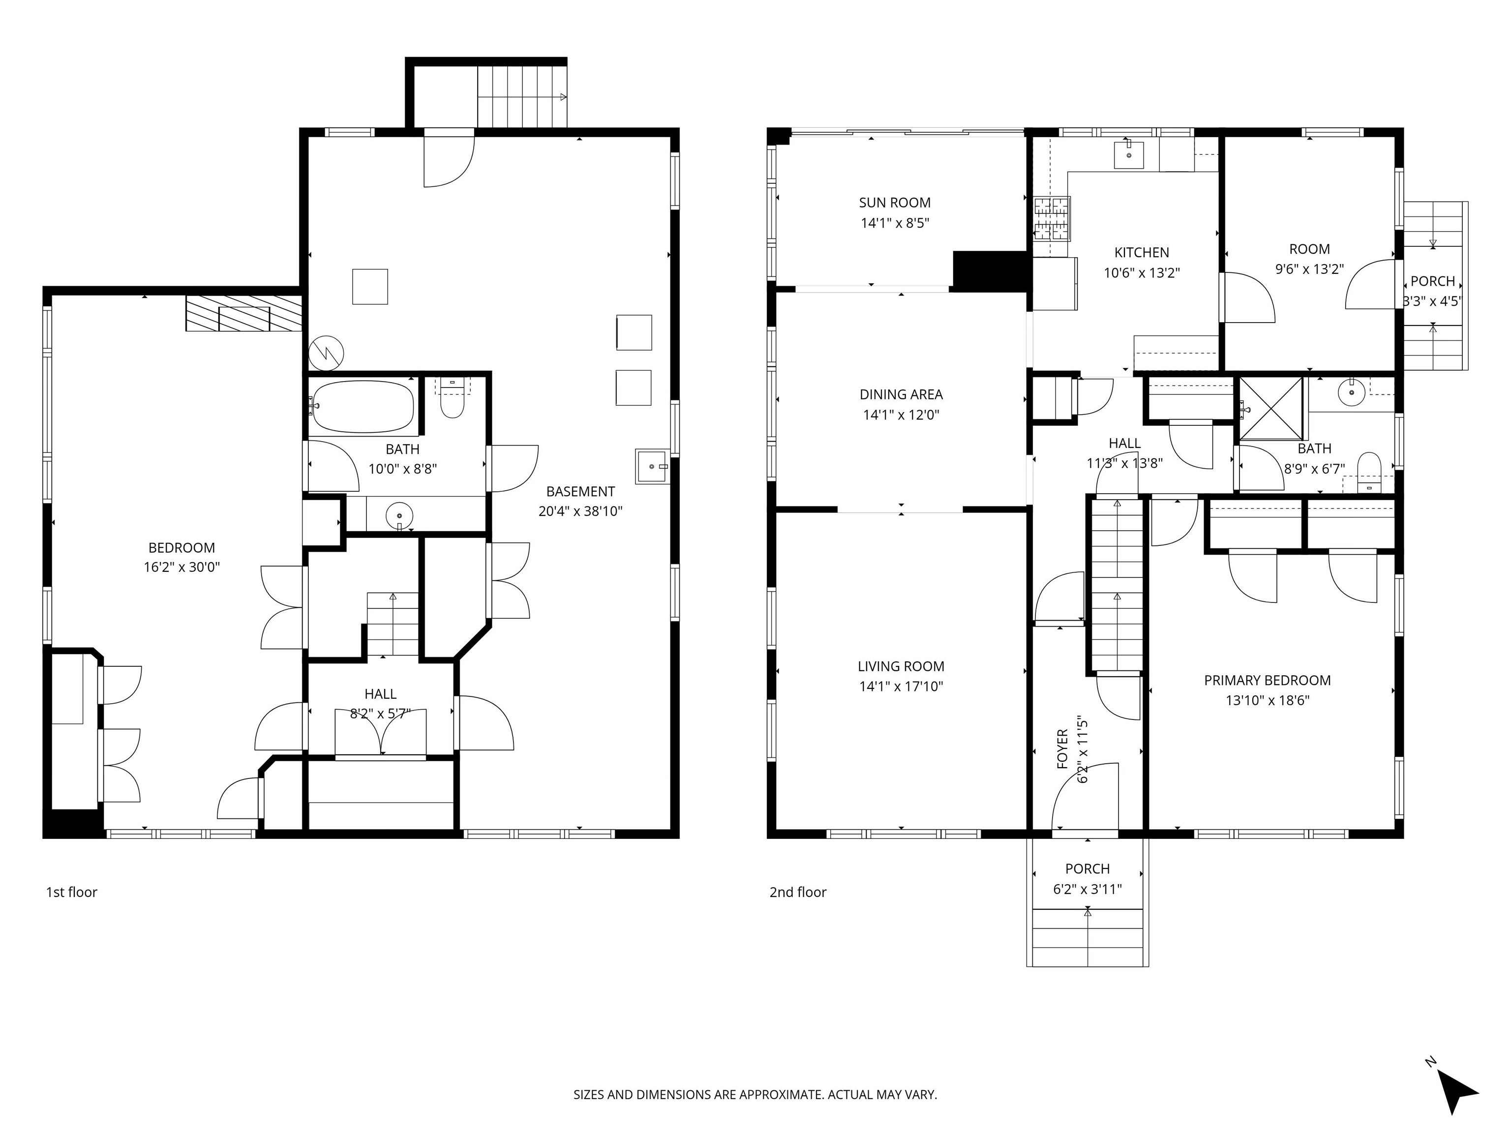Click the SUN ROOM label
[x=894, y=203]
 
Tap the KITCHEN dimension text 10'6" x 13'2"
[x=1142, y=272]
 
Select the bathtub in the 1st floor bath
[x=362, y=408]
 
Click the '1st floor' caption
[x=72, y=892]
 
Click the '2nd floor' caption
[x=797, y=892]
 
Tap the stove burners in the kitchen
[x=1051, y=218]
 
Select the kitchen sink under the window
[x=1128, y=155]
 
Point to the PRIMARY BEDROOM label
[x=1267, y=680]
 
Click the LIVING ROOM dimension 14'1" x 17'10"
[x=901, y=686]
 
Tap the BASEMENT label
[x=580, y=492]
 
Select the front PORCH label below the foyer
[x=1088, y=869]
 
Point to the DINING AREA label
[x=901, y=395]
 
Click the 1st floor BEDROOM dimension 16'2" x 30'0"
[x=181, y=567]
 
